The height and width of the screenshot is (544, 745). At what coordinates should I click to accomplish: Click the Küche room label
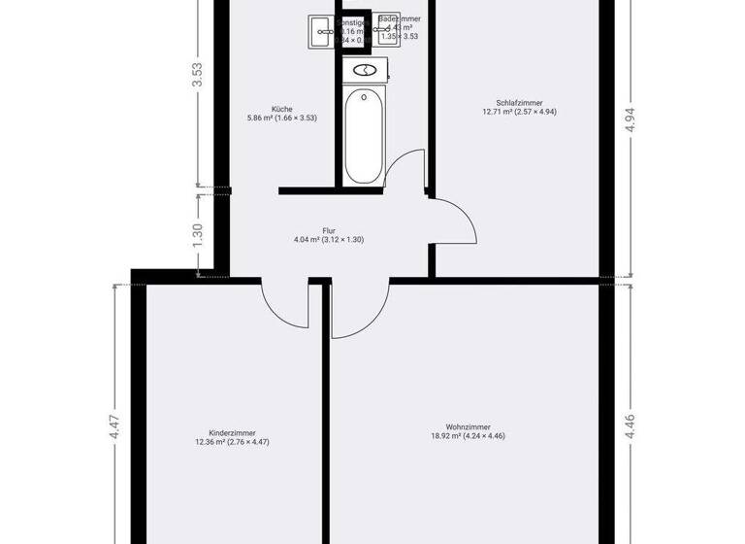pyautogui.click(x=282, y=109)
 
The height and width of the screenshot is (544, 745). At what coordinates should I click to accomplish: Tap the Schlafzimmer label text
pyautogui.click(x=519, y=102)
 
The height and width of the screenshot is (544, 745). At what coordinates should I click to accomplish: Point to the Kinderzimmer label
pyautogui.click(x=233, y=433)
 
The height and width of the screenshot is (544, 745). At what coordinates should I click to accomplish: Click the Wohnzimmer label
pyautogui.click(x=468, y=426)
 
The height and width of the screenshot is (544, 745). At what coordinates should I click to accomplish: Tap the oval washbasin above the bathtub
pyautogui.click(x=366, y=70)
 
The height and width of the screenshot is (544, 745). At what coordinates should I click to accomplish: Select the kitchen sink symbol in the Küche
pyautogui.click(x=320, y=31)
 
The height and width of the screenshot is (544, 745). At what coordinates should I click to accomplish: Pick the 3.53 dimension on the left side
pyautogui.click(x=197, y=76)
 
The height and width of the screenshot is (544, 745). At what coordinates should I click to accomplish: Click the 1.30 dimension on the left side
pyautogui.click(x=197, y=234)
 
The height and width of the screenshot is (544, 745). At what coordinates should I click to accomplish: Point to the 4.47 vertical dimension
pyautogui.click(x=114, y=428)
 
